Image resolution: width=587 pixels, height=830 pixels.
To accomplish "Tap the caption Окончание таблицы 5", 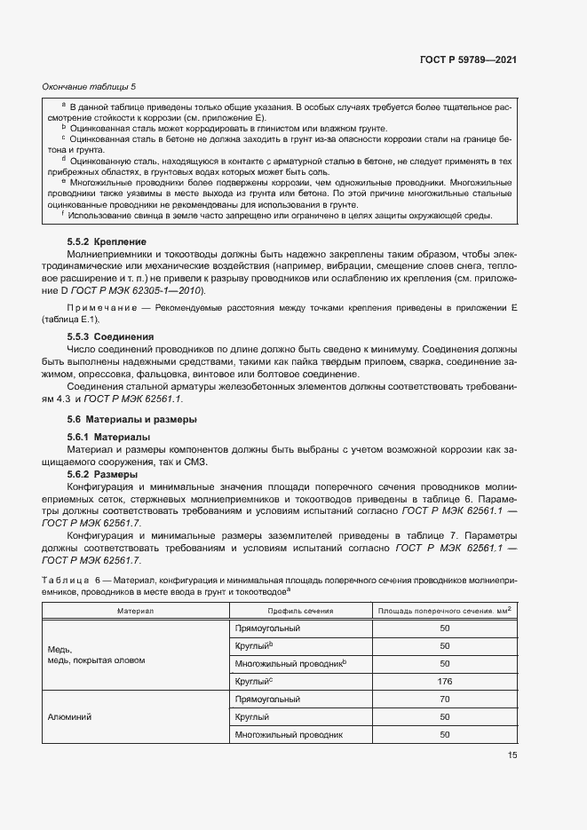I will [x=89, y=86].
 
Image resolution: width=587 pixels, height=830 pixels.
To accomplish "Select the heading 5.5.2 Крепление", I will [x=106, y=241].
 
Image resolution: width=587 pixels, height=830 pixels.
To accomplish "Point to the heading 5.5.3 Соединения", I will [x=110, y=337].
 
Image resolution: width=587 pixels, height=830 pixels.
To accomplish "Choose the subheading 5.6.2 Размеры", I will [x=102, y=475].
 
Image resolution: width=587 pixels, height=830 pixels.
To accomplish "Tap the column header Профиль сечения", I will [x=299, y=611].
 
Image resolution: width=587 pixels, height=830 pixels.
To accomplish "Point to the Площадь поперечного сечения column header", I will [x=444, y=611].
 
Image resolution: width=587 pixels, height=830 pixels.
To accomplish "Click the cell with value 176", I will [x=444, y=681].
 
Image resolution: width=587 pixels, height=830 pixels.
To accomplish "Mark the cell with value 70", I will [x=444, y=699].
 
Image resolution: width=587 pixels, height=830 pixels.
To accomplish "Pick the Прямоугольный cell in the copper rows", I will [x=267, y=628].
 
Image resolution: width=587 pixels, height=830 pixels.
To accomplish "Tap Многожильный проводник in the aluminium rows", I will [x=288, y=734].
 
